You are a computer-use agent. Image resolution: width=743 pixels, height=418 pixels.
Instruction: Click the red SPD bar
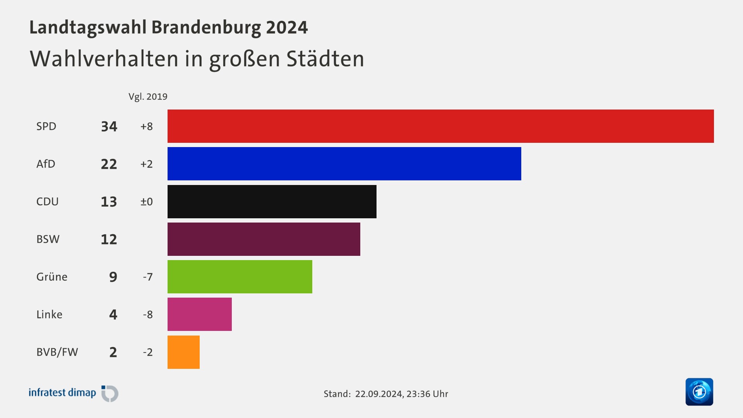pos(440,126)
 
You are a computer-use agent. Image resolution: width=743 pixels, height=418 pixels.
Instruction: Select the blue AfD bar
pos(344,164)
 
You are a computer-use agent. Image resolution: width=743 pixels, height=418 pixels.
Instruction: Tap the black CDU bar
pos(272,202)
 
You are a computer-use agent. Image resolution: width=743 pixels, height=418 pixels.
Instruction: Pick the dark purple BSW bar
pos(264,239)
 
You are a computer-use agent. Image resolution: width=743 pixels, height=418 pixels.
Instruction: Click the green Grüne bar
pos(240,277)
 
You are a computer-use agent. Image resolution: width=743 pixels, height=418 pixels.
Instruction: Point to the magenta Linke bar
pos(199,314)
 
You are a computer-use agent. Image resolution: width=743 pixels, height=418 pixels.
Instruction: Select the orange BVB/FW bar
pos(183,352)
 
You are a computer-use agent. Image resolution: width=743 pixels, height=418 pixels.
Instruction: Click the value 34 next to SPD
pos(109,127)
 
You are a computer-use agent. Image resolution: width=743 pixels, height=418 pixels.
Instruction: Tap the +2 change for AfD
pos(147,164)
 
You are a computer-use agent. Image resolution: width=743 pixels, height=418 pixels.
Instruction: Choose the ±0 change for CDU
pos(147,202)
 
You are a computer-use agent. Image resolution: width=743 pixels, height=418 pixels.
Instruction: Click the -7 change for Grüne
pos(148,277)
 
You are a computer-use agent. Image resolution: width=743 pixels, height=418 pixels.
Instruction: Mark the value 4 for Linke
pos(113,314)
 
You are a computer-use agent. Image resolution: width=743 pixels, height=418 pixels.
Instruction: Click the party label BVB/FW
pos(57,352)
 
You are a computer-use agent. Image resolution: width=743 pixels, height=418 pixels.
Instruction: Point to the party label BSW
pos(48,239)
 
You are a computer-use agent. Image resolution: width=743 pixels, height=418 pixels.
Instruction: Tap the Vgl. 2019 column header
pos(148,97)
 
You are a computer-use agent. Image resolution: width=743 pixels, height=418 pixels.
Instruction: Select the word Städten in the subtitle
pos(325,59)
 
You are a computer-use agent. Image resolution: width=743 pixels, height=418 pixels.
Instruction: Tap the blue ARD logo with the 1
pos(699,392)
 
